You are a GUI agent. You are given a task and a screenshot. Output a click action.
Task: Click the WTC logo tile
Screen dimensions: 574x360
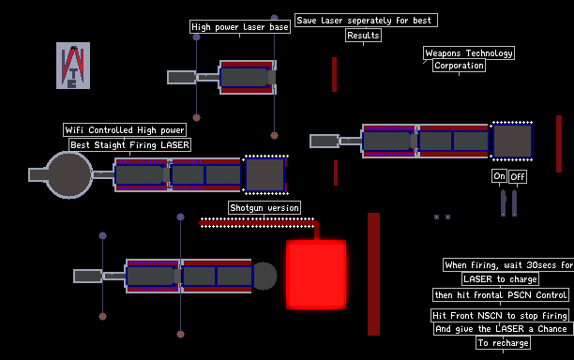tap(73, 66)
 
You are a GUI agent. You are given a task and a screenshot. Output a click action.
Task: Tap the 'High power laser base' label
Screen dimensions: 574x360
tap(240, 27)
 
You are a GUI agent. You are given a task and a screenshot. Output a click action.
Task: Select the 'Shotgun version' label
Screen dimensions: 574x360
tap(264, 208)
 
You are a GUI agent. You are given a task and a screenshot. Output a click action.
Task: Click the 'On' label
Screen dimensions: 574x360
tap(499, 176)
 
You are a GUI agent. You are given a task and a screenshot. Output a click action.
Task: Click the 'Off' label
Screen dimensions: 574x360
tap(518, 176)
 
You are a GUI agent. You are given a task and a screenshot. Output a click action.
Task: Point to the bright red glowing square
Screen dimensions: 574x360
tap(316, 275)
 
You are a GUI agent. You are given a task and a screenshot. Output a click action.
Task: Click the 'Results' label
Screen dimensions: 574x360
tap(363, 36)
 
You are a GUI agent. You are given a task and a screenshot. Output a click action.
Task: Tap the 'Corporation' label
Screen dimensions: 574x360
tap(459, 66)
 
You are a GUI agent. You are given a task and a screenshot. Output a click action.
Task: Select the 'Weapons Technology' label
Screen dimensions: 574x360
tap(469, 53)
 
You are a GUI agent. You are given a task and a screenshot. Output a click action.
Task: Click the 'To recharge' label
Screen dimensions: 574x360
tap(503, 343)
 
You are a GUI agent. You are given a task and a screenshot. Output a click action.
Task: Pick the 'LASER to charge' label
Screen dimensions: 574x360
tap(500, 279)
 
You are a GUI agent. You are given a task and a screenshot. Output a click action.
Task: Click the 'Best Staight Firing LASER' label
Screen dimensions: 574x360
tap(130, 145)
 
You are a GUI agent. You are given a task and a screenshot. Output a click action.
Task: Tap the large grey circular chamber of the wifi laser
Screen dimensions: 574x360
tap(68, 175)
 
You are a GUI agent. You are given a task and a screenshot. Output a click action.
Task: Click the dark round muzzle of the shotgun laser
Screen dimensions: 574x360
tap(265, 276)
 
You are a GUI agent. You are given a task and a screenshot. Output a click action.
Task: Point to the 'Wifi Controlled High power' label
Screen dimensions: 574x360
tap(125, 130)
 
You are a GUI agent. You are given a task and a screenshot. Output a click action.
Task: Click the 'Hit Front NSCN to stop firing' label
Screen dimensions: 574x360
tap(500, 315)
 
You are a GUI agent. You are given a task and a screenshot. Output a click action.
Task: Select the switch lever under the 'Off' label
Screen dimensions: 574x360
tap(514, 203)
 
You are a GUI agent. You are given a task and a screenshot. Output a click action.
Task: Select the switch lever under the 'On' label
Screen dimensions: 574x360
tap(504, 203)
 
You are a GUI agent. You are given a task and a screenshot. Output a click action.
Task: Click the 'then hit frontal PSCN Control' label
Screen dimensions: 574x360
tap(501, 295)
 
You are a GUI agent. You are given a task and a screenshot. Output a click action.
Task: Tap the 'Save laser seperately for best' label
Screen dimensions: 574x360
tap(366, 20)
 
